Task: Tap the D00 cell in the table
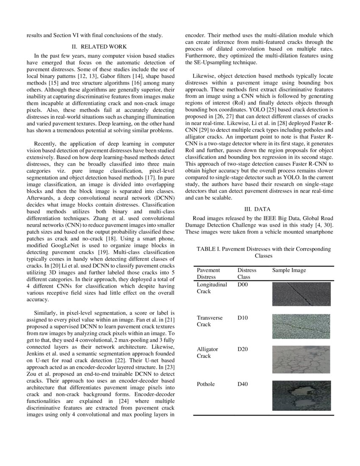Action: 243,285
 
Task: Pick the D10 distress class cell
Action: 243,317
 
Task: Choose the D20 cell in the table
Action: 243,349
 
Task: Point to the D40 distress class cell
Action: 243,384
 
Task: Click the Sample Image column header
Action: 289,270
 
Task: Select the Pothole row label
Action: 206,384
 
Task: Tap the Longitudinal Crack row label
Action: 212,288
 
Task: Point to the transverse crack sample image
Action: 302,326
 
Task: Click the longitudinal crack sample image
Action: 302,294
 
